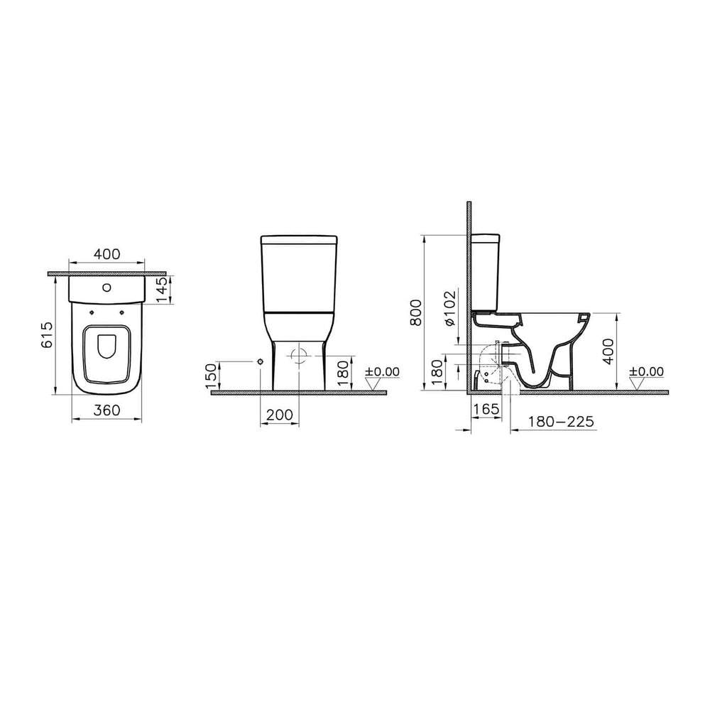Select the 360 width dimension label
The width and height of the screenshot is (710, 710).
pyautogui.click(x=107, y=410)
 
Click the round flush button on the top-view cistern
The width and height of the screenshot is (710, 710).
pyautogui.click(x=107, y=288)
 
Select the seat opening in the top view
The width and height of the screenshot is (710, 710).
pyautogui.click(x=107, y=346)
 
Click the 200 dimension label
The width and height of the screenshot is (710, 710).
pyautogui.click(x=280, y=415)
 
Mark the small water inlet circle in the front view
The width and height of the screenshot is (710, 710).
pyautogui.click(x=261, y=362)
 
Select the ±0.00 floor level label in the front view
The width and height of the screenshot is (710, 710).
pyautogui.click(x=382, y=371)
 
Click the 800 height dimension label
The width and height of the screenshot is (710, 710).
pyautogui.click(x=417, y=312)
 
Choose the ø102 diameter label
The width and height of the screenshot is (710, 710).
pyautogui.click(x=449, y=308)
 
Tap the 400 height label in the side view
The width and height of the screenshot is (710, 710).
pyautogui.click(x=608, y=351)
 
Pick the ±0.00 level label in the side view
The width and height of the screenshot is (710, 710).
pyautogui.click(x=645, y=371)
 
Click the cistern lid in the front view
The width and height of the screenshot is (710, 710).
pyautogui.click(x=299, y=239)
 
